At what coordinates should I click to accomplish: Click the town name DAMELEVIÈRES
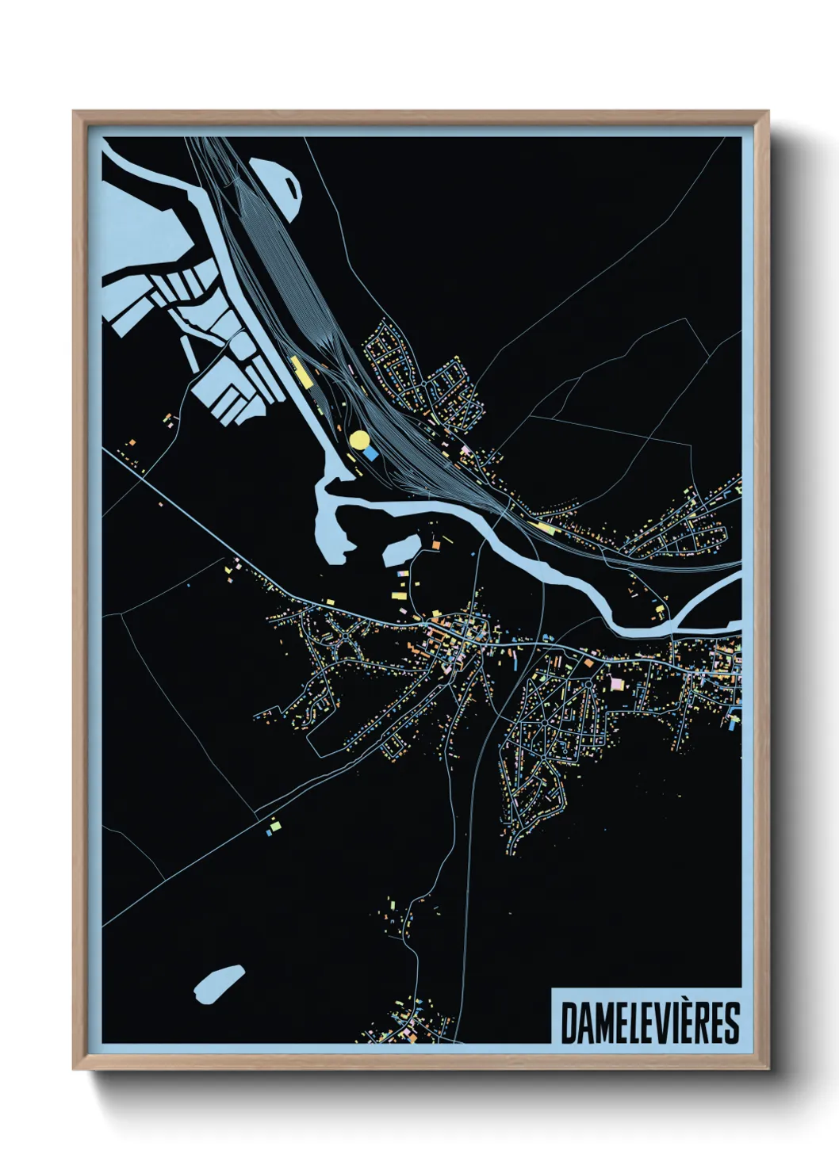(649, 1022)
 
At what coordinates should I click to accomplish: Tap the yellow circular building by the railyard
(359, 439)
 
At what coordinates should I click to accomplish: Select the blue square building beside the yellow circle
(370, 453)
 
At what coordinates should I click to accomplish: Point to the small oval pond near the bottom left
(217, 983)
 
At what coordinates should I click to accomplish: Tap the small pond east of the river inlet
(402, 549)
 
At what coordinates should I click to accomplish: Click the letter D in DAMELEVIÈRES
(569, 1023)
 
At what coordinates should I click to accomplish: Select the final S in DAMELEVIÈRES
(730, 1023)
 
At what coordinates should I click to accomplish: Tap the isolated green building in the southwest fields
(271, 827)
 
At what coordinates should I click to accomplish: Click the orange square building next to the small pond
(435, 545)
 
